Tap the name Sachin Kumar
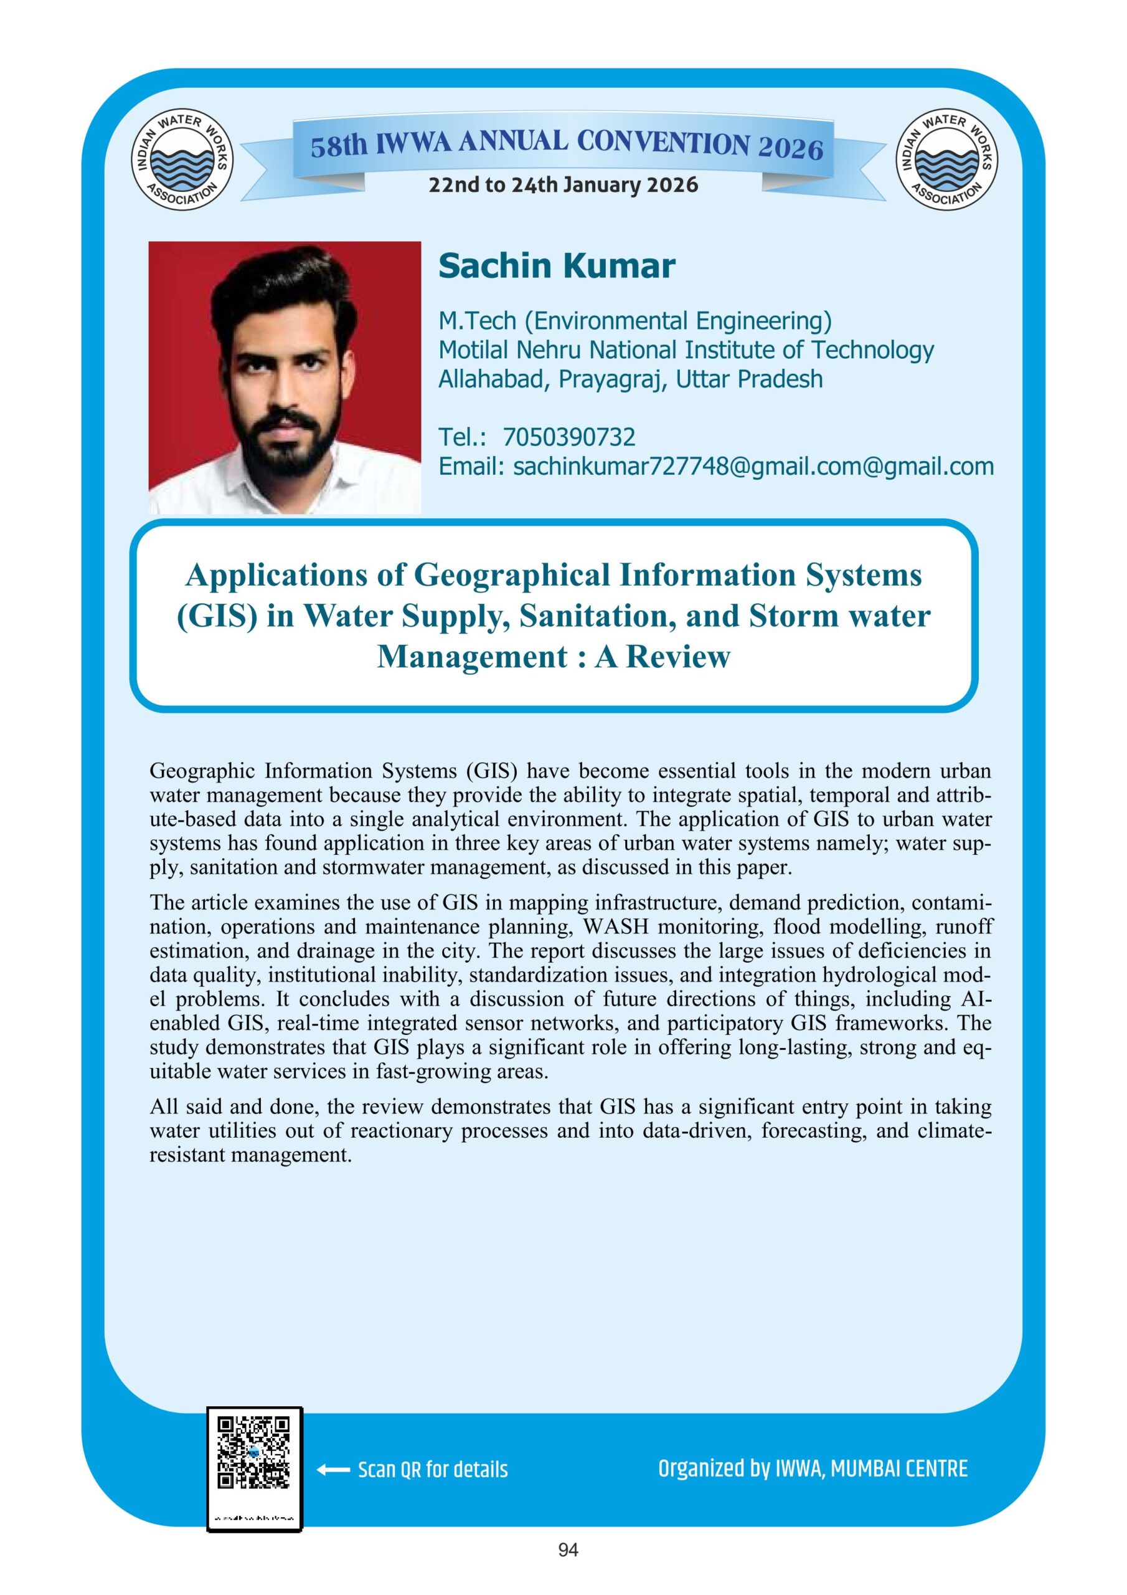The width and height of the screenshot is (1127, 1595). (x=556, y=266)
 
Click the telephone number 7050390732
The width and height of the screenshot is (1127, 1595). (x=568, y=437)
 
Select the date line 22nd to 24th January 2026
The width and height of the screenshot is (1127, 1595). (x=563, y=185)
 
